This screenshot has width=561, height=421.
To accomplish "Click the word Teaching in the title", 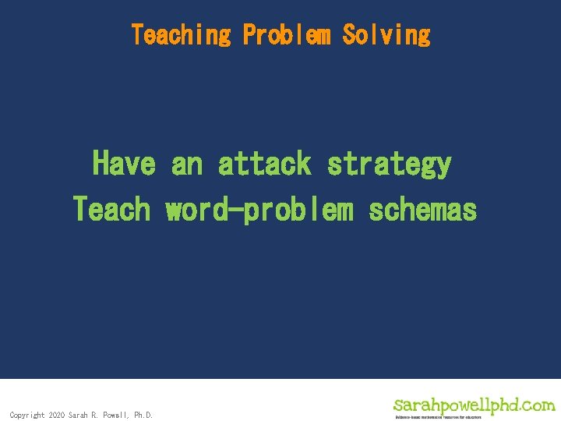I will (181, 35).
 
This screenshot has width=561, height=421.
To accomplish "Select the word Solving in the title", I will (386, 35).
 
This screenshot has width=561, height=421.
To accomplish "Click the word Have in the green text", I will (124, 164).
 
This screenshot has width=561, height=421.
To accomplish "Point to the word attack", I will (264, 164).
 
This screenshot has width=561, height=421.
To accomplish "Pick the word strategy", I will (389, 165).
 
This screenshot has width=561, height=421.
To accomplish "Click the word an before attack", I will (186, 165).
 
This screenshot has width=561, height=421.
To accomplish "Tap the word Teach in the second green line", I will (111, 209).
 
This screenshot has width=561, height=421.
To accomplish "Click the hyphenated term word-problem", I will (259, 209).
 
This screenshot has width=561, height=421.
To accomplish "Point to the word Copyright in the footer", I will (26, 415).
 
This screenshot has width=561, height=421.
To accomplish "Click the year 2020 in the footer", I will (56, 415).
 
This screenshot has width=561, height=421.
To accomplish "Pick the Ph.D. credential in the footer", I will (143, 415).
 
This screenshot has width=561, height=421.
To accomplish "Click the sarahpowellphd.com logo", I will (474, 405).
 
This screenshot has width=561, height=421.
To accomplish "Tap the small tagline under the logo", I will (438, 417).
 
